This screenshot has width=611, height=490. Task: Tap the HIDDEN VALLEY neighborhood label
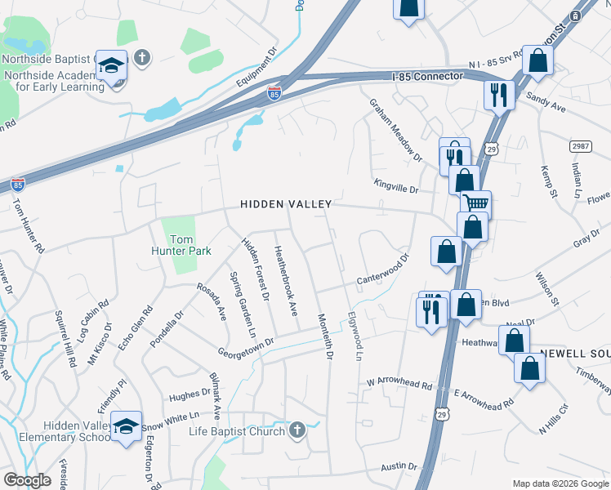click(x=286, y=204)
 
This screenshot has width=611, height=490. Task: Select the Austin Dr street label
click(x=399, y=467)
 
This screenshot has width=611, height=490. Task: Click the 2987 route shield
click(x=579, y=145)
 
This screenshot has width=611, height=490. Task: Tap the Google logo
click(x=27, y=480)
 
